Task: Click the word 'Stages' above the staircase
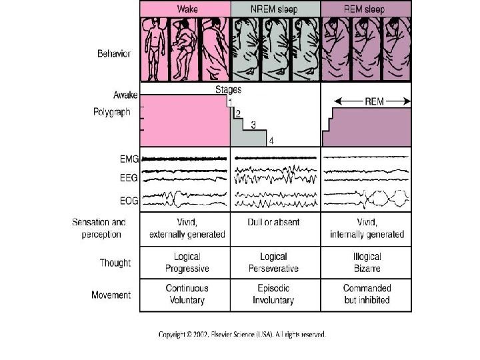pyautogui.click(x=228, y=89)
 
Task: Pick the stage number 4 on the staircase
pyautogui.click(x=271, y=141)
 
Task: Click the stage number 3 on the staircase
pyautogui.click(x=253, y=125)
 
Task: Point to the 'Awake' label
pyautogui.click(x=125, y=95)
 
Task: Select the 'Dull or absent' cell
pyautogui.click(x=273, y=222)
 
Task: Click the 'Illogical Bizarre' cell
pyautogui.click(x=366, y=262)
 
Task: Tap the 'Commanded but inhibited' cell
pyautogui.click(x=366, y=294)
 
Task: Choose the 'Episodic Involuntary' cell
pyautogui.click(x=273, y=294)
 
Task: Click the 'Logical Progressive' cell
pyautogui.click(x=187, y=262)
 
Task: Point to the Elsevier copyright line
pyautogui.click(x=242, y=334)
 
